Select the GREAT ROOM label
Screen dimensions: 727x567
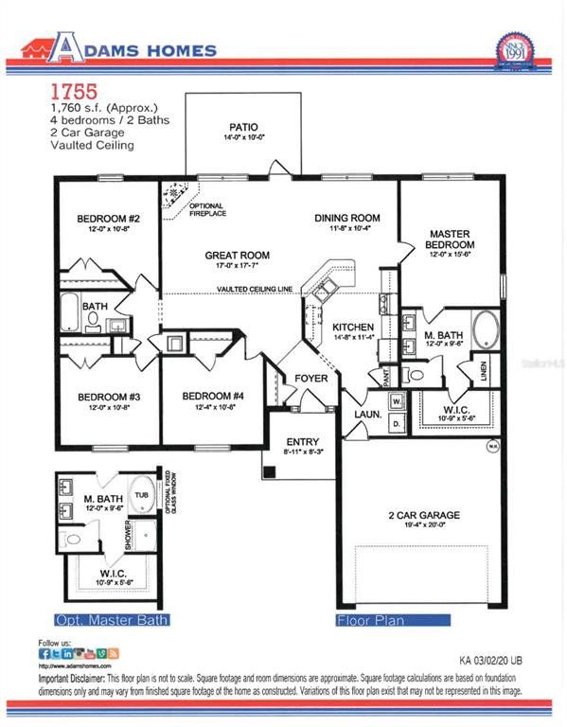point(238,256)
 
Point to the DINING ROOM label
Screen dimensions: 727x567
point(347,218)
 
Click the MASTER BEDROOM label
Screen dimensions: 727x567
point(450,239)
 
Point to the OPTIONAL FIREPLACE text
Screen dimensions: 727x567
point(205,210)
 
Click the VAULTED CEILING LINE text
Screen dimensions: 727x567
point(254,290)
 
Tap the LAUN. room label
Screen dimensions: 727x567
point(366,415)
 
